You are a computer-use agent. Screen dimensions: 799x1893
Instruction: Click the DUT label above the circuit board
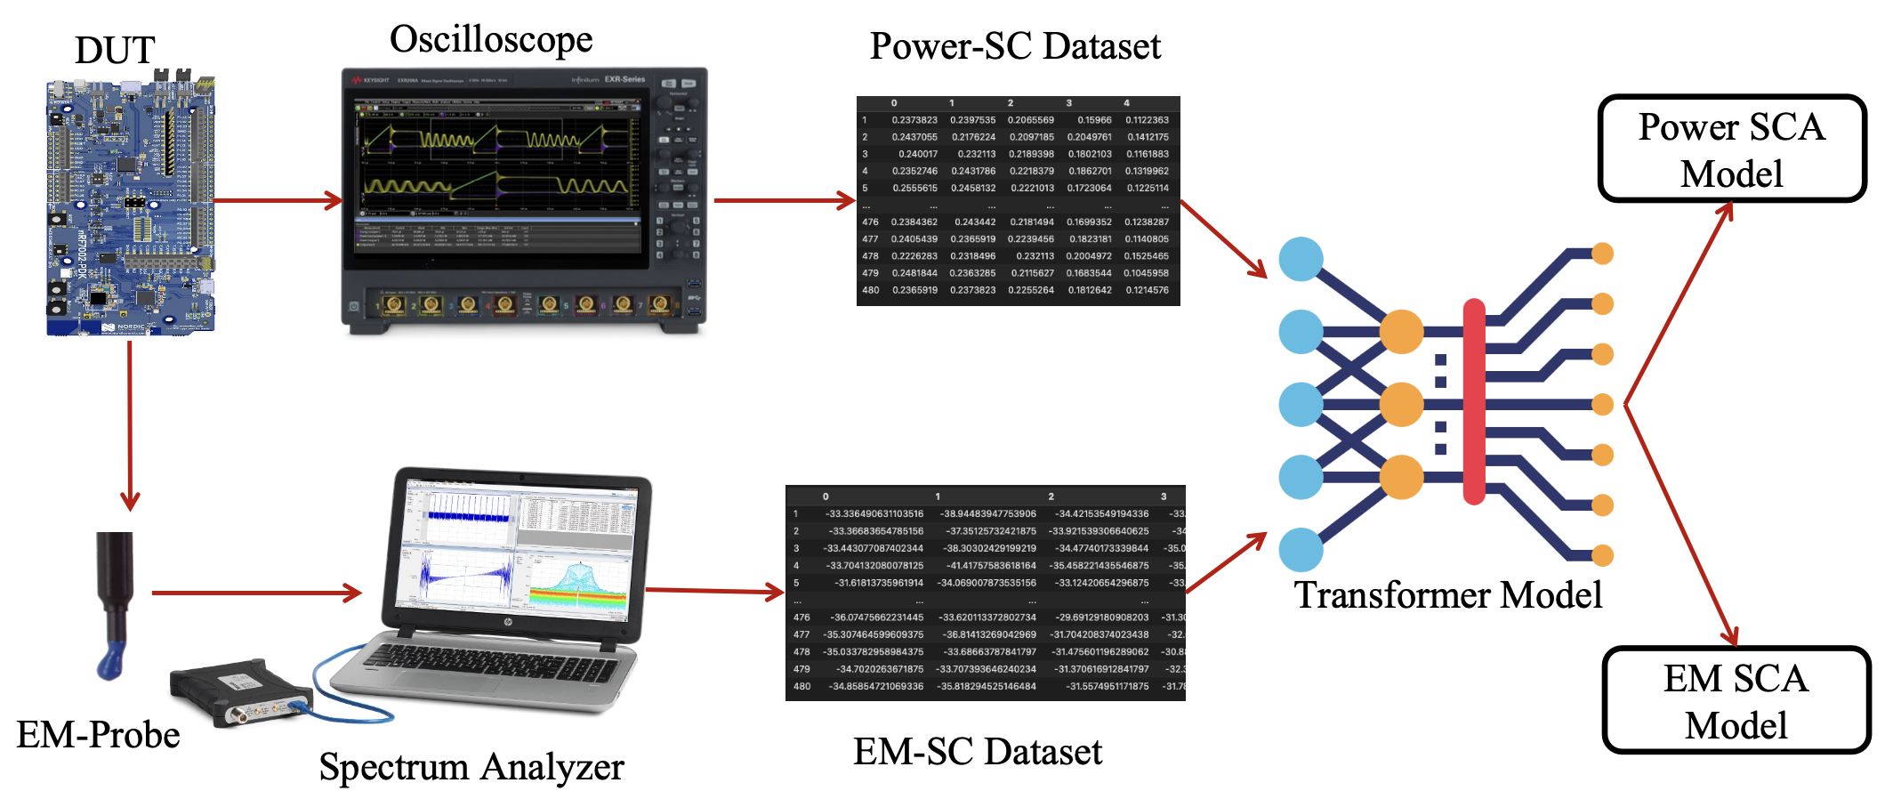[x=115, y=51]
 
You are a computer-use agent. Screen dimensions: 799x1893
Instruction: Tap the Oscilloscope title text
[x=491, y=40]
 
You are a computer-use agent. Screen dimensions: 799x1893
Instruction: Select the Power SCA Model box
[x=1731, y=149]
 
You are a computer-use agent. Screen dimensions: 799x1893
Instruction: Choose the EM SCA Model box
[x=1736, y=701]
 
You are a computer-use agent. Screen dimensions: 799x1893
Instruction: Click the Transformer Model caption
[x=1447, y=595]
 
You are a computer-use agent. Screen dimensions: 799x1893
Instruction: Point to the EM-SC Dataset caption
[x=977, y=752]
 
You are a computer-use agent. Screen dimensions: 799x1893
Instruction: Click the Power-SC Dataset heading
[x=1015, y=46]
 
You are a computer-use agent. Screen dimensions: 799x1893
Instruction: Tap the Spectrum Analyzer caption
[x=471, y=767]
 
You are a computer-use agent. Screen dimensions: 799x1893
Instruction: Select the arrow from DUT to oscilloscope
[x=278, y=200]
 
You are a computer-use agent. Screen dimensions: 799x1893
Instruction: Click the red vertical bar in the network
[x=1474, y=402]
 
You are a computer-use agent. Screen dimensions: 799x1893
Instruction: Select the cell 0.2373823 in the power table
[x=914, y=120]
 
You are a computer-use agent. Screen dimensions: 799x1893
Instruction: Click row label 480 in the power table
[x=870, y=290]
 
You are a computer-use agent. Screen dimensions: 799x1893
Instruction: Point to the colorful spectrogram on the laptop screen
[x=578, y=586]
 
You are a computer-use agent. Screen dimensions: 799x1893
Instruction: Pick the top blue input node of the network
[x=1301, y=259]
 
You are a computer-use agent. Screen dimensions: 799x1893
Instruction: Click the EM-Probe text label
[x=98, y=735]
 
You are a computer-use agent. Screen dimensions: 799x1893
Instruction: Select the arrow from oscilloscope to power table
[x=783, y=200]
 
